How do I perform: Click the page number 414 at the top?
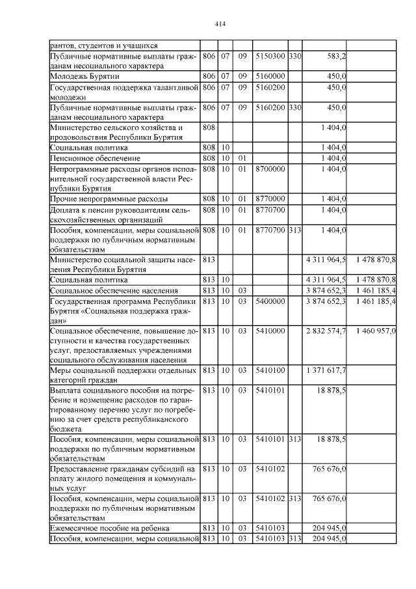(x=219, y=24)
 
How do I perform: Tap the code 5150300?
(x=270, y=57)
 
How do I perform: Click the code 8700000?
(x=270, y=169)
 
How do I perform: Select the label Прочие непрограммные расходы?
(x=109, y=198)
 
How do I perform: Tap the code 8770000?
(x=270, y=198)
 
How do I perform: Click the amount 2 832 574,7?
(x=326, y=331)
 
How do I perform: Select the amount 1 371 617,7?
(x=326, y=370)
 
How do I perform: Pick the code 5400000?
(x=270, y=302)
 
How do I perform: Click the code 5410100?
(x=270, y=370)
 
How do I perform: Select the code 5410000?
(x=270, y=331)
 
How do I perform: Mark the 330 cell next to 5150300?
(x=295, y=57)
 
